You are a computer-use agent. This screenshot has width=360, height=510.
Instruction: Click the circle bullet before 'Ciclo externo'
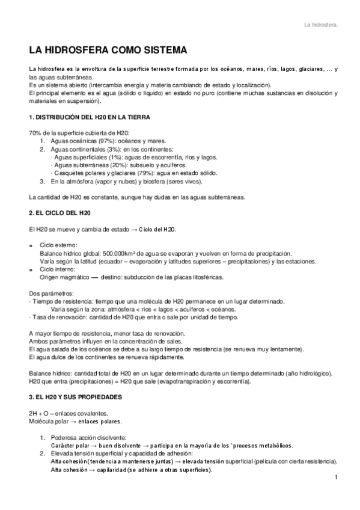coord(31,246)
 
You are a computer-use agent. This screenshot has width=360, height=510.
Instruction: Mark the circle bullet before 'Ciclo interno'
coord(31,270)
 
